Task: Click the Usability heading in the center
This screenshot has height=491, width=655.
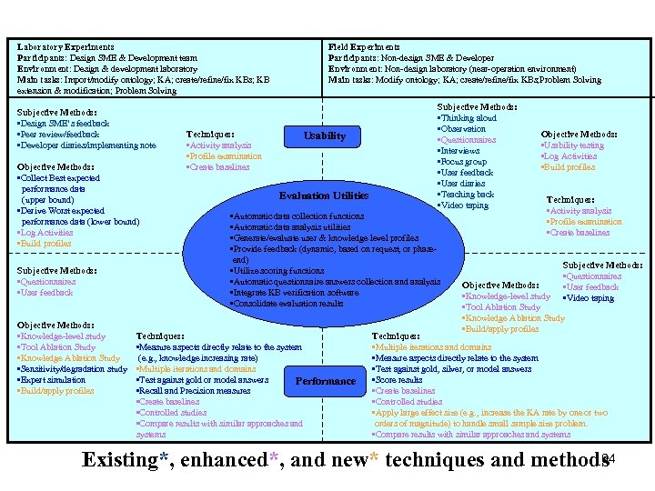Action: tap(325, 136)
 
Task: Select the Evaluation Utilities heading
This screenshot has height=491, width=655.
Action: tap(323, 195)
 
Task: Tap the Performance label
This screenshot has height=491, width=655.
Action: tap(325, 381)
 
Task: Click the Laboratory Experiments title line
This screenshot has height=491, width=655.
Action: tap(66, 46)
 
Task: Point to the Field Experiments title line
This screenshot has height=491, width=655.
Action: tap(364, 46)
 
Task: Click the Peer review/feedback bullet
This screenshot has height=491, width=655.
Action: tap(59, 135)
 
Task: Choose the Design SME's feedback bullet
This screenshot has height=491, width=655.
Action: tap(64, 124)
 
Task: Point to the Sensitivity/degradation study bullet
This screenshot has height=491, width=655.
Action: tap(73, 369)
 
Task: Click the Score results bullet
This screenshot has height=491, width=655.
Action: tap(401, 380)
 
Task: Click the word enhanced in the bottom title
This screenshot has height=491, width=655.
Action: tap(224, 459)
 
